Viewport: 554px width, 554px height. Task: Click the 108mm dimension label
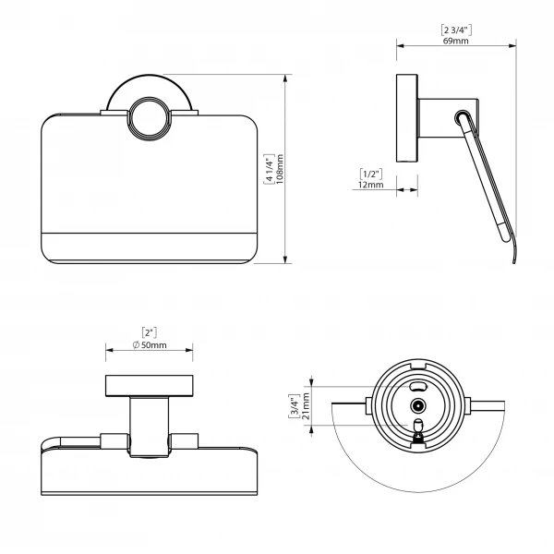coord(280,169)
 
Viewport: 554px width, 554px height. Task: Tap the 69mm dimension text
coord(456,41)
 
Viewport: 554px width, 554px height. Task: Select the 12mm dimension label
coord(370,185)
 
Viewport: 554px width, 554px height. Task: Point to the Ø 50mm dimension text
coord(150,344)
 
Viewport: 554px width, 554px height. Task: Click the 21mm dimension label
coord(306,406)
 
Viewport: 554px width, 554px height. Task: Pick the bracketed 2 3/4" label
coord(456,30)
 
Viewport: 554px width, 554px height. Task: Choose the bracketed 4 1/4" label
coord(270,169)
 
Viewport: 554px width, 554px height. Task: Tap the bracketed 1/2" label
coord(371,174)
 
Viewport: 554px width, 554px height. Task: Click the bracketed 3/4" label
coord(295,406)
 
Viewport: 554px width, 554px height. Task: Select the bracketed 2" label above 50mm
coord(149,332)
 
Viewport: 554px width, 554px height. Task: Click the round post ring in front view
coord(150,116)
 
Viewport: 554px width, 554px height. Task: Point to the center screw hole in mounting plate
coord(418,406)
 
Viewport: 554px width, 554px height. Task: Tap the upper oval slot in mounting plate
coord(418,386)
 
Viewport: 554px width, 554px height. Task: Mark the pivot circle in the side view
coord(463,117)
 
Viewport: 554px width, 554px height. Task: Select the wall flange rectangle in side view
coord(407,118)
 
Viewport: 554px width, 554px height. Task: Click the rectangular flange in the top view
coord(150,386)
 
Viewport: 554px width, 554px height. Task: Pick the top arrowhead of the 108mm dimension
coord(285,78)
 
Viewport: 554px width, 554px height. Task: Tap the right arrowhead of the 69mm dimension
coord(512,45)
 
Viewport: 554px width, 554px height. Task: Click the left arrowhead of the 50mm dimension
coord(110,350)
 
